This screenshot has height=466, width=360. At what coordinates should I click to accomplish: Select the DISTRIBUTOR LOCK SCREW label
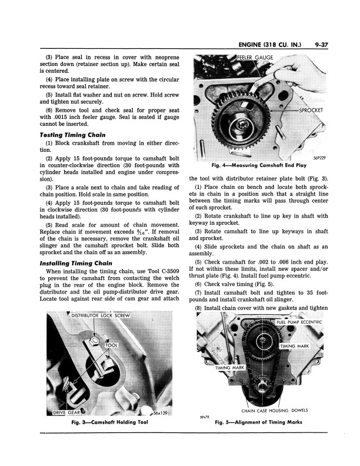(x=102, y=316)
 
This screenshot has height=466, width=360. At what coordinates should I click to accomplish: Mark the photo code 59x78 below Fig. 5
(x=199, y=417)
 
